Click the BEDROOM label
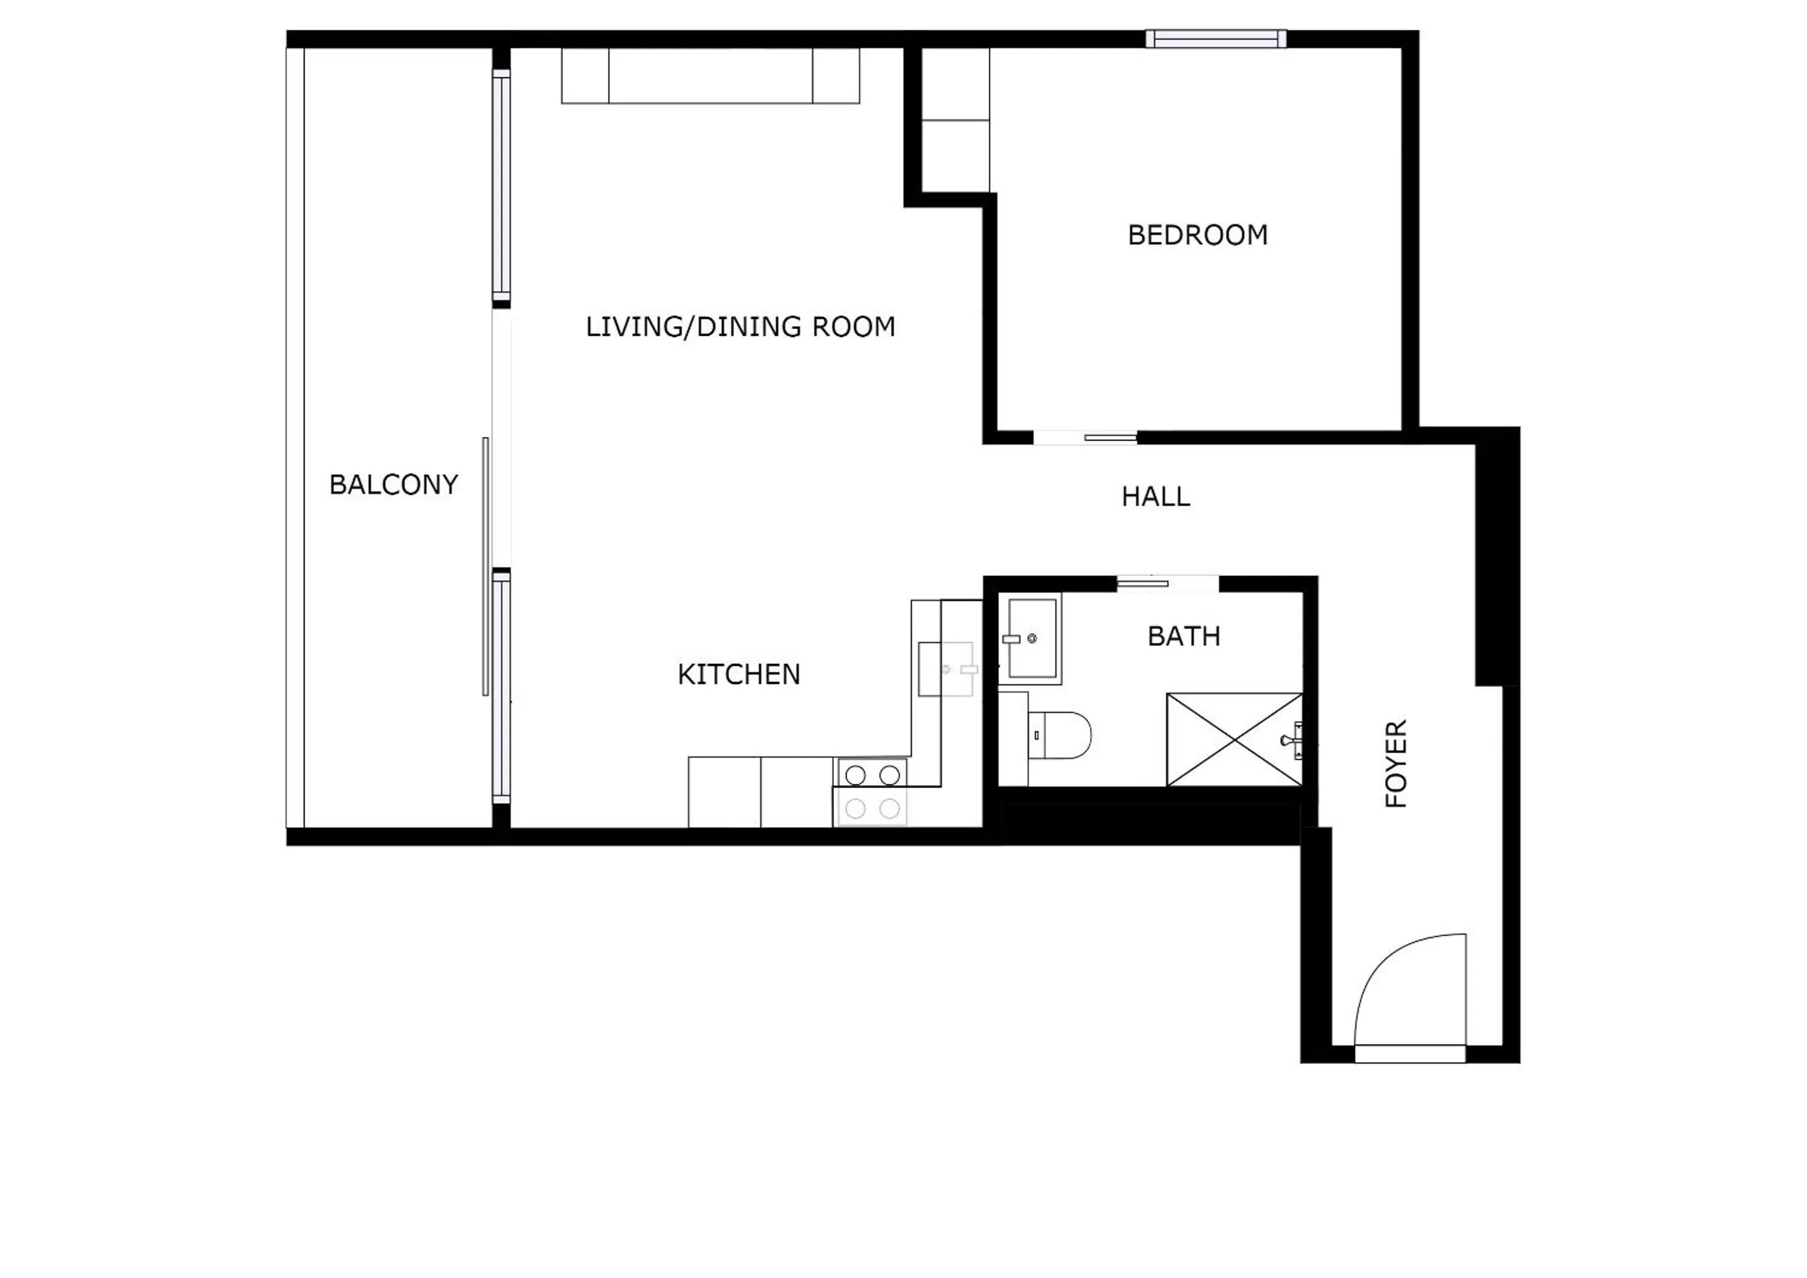pyautogui.click(x=1197, y=235)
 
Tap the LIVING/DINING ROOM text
pyautogui.click(x=740, y=326)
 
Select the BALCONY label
pyautogui.click(x=393, y=485)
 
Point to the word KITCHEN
pyautogui.click(x=738, y=675)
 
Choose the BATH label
pyautogui.click(x=1183, y=636)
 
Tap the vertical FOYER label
pyautogui.click(x=1396, y=763)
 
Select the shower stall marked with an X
pyautogui.click(x=1233, y=739)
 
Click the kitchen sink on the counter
pyautogui.click(x=948, y=669)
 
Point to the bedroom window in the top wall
pyautogui.click(x=1215, y=39)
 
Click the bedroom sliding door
pyautogui.click(x=1110, y=437)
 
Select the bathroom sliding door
pyautogui.click(x=1143, y=583)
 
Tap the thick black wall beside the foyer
pyautogui.click(x=1497, y=559)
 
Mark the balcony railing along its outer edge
pyautogui.click(x=295, y=437)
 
